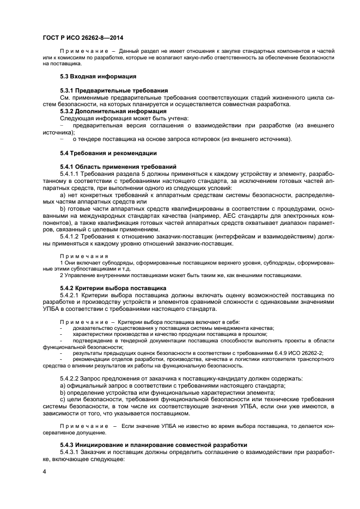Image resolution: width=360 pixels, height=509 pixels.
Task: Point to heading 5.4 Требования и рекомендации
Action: tap(100, 153)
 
